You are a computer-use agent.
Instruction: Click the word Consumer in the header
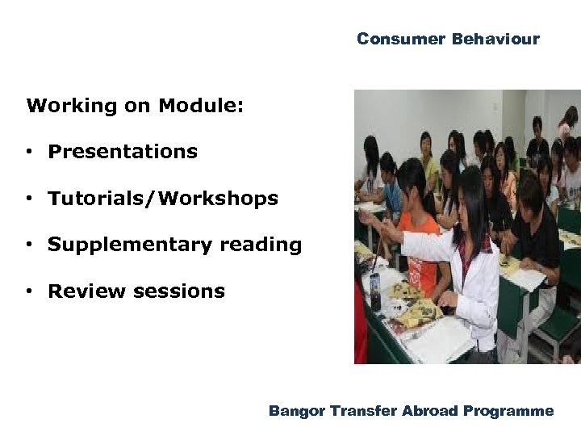pyautogui.click(x=401, y=39)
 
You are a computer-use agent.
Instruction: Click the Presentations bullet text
pyautogui.click(x=122, y=152)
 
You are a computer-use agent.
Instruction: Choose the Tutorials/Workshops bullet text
pyautogui.click(x=162, y=199)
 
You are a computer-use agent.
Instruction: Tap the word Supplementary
pyautogui.click(x=128, y=245)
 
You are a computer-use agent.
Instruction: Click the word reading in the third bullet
pyautogui.click(x=259, y=245)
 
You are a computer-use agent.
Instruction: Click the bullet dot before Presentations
pyautogui.click(x=28, y=153)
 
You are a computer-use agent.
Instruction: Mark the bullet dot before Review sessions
pyautogui.click(x=28, y=292)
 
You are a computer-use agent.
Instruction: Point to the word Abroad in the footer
pyautogui.click(x=432, y=411)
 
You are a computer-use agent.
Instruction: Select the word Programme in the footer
pyautogui.click(x=509, y=412)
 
